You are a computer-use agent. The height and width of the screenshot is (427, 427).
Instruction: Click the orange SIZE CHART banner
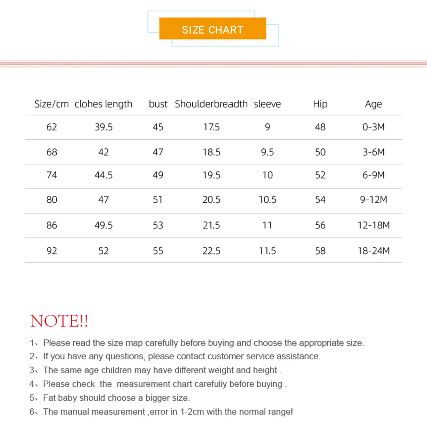212,29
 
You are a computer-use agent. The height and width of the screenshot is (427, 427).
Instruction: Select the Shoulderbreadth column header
211,104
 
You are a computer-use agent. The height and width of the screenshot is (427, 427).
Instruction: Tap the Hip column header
320,104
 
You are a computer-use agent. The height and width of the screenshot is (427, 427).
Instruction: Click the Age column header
373,104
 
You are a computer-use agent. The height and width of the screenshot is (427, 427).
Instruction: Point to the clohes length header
103,104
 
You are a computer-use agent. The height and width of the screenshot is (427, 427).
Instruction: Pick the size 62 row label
52,127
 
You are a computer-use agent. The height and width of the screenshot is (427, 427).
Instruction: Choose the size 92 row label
52,251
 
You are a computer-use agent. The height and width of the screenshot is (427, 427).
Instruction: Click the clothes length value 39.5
104,127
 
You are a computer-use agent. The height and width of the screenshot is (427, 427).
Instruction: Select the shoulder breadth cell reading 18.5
211,152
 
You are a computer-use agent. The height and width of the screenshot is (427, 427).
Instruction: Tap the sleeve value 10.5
267,200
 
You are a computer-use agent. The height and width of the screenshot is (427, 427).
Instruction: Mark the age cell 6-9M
373,175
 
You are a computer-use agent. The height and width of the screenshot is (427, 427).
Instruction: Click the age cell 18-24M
373,251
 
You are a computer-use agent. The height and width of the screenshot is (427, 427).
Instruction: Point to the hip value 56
320,225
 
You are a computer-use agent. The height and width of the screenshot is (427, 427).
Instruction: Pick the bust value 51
157,200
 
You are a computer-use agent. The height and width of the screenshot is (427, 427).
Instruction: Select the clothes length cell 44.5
104,175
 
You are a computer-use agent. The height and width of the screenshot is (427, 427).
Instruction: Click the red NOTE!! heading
59,321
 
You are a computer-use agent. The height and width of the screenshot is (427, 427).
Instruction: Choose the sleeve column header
267,104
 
